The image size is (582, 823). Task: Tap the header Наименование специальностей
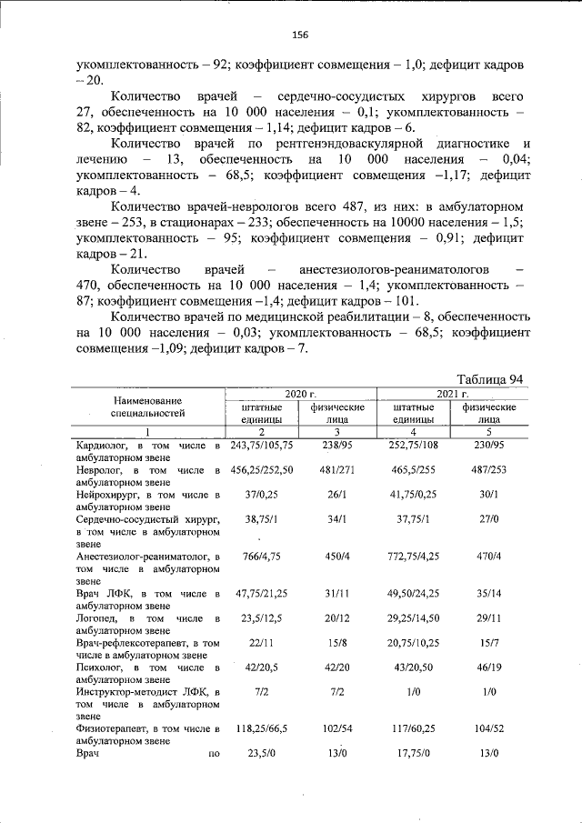point(147,406)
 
